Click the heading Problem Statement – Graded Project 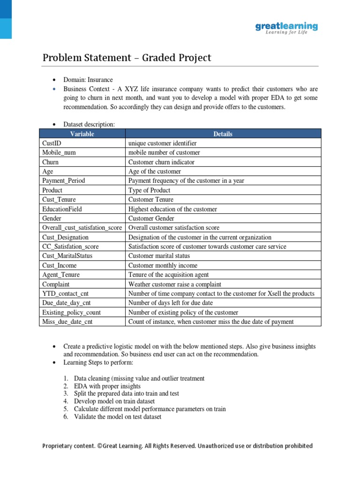pos(127,58)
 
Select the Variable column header pos(82,134)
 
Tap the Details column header pos(223,134)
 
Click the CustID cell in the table pos(52,143)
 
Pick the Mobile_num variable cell pos(59,152)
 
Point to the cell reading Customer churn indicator pos(161,162)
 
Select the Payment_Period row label pos(64,180)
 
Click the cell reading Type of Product pos(149,190)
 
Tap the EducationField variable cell pos(62,209)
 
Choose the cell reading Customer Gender pos(151,218)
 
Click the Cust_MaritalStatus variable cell pos(67,256)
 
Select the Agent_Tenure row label pos(61,275)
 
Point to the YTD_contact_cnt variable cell pos(65,293)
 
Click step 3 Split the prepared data pos(126,394)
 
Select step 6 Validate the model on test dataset pos(118,417)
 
